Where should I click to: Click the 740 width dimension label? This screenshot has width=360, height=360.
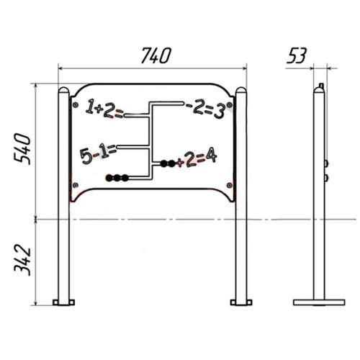[x=156, y=55]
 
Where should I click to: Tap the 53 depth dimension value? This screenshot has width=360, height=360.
[x=297, y=55]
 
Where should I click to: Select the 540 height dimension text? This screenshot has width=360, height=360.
[x=22, y=149]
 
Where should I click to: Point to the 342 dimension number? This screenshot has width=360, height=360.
[x=22, y=261]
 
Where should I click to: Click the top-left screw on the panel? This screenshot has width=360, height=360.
[x=76, y=105]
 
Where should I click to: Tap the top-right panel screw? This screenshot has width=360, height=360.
[x=230, y=105]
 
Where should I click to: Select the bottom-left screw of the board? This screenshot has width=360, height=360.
[x=76, y=185]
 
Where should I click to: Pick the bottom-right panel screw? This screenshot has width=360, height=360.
[x=230, y=185]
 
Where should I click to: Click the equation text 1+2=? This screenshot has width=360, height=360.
[x=104, y=109]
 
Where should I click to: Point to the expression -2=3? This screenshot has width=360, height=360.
[x=205, y=109]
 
